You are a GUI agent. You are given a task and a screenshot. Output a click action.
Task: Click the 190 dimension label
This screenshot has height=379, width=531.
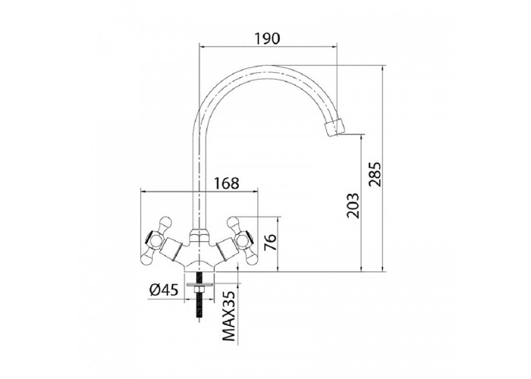click(x=268, y=39)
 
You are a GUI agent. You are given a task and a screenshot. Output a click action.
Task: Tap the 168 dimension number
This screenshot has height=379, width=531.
click(x=226, y=183)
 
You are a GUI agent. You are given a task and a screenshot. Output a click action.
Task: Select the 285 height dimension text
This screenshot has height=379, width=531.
click(x=375, y=174)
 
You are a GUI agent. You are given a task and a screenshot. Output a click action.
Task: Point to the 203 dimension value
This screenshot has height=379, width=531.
click(x=352, y=205)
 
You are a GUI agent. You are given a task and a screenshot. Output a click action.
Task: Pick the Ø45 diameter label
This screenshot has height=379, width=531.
click(x=164, y=290)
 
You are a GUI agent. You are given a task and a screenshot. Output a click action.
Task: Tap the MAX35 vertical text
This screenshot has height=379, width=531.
click(x=229, y=316)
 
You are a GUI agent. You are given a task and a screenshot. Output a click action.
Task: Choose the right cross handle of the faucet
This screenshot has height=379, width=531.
click(x=242, y=240)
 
